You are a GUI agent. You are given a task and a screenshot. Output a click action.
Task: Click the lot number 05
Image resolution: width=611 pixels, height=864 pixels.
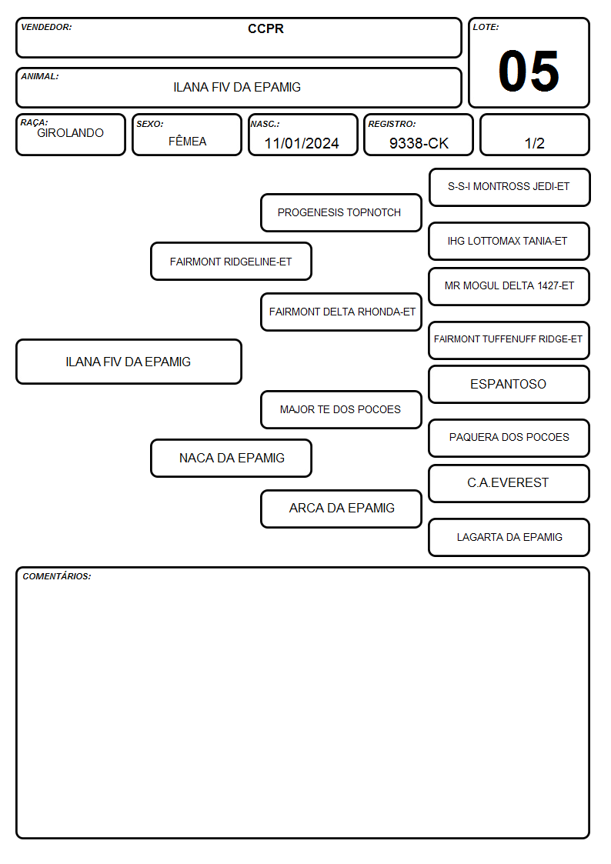(x=529, y=71)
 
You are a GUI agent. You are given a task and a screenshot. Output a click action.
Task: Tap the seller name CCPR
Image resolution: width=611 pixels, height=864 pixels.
(x=265, y=28)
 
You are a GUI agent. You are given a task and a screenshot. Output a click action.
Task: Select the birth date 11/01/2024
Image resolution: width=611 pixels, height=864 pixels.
(x=302, y=143)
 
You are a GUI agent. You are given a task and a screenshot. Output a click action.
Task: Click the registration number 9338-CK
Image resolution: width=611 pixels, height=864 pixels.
(x=419, y=143)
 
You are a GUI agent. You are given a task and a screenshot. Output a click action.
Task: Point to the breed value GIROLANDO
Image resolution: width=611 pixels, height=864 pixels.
(x=70, y=133)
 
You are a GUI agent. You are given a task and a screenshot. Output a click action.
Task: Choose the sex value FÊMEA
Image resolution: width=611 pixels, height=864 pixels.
(x=187, y=141)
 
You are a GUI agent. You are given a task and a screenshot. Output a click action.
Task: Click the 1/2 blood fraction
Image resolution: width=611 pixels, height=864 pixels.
(x=534, y=143)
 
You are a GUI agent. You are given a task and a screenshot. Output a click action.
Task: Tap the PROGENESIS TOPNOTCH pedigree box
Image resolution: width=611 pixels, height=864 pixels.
(x=341, y=212)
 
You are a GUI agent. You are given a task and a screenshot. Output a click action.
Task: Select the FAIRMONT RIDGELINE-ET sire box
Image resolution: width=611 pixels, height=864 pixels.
(x=231, y=262)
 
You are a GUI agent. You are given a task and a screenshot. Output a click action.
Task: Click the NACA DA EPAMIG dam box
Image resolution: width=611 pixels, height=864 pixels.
(x=231, y=458)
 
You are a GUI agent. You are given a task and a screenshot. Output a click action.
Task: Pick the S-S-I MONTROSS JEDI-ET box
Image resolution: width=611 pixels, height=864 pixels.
(x=509, y=188)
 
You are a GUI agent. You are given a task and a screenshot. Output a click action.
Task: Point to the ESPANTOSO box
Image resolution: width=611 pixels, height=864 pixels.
(x=509, y=384)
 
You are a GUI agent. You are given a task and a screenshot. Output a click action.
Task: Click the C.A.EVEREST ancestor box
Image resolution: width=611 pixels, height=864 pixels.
(x=509, y=483)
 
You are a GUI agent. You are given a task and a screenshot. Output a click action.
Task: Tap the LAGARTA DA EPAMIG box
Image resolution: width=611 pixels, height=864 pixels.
(x=509, y=537)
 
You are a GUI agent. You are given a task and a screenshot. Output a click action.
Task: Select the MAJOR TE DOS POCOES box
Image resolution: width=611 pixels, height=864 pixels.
(x=341, y=409)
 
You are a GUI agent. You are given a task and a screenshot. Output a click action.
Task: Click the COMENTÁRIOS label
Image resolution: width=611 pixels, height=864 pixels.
(x=57, y=576)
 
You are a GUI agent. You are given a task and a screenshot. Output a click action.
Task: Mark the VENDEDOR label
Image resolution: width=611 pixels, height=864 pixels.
(x=46, y=27)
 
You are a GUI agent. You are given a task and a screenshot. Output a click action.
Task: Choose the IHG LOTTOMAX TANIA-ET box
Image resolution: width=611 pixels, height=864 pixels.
(x=509, y=242)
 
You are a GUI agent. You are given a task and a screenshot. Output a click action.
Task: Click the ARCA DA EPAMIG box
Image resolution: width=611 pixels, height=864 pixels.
(x=341, y=509)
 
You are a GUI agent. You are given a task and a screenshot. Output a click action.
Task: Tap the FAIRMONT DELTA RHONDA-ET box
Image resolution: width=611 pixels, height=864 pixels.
(x=341, y=312)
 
